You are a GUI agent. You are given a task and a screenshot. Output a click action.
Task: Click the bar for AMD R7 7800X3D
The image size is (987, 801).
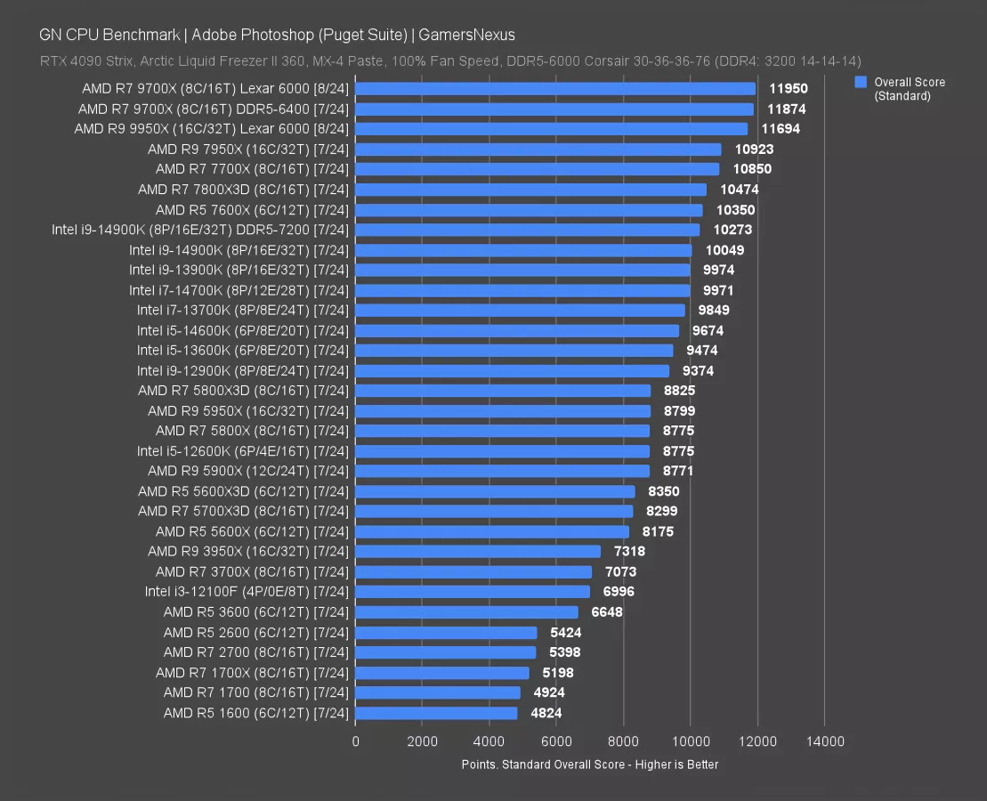[530, 190]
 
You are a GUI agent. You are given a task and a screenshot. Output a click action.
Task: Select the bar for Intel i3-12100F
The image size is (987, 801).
[473, 592]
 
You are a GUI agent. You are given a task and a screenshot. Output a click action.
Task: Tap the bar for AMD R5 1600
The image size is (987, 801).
[436, 713]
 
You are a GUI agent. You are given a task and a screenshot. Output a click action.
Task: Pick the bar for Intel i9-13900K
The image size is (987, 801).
[522, 270]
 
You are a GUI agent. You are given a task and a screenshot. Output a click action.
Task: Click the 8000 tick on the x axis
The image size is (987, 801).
[623, 741]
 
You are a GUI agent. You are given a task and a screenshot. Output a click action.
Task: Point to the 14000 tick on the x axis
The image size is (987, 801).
[824, 741]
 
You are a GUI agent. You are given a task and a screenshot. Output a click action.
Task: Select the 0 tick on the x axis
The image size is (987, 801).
[356, 741]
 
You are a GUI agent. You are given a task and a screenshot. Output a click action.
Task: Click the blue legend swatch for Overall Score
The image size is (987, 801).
[860, 82]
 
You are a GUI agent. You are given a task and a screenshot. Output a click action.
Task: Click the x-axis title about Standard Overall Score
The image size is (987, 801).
[589, 765]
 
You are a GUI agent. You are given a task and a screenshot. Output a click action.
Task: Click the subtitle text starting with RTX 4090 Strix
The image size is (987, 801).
[449, 61]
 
